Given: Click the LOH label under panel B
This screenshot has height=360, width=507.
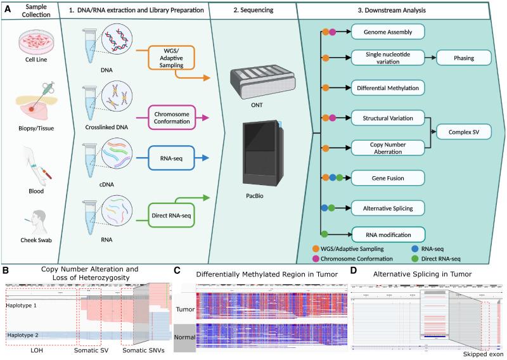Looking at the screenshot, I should tap(32, 350).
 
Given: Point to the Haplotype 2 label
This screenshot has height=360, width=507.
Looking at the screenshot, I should tap(22, 335).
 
